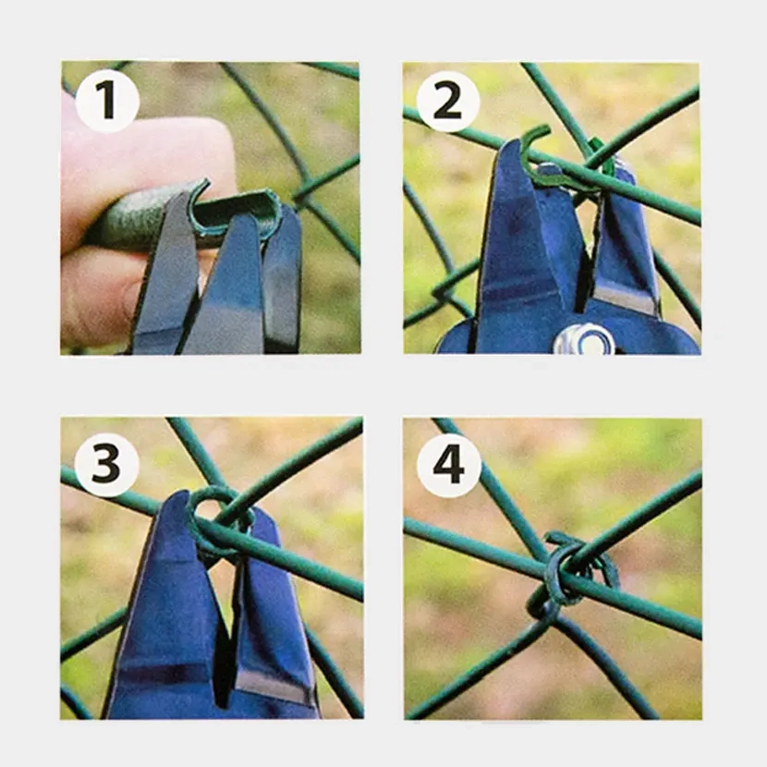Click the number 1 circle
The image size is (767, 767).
(107, 101)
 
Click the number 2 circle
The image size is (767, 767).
(448, 101)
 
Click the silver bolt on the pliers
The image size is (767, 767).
(583, 341)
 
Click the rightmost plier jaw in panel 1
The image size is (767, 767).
(282, 277)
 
